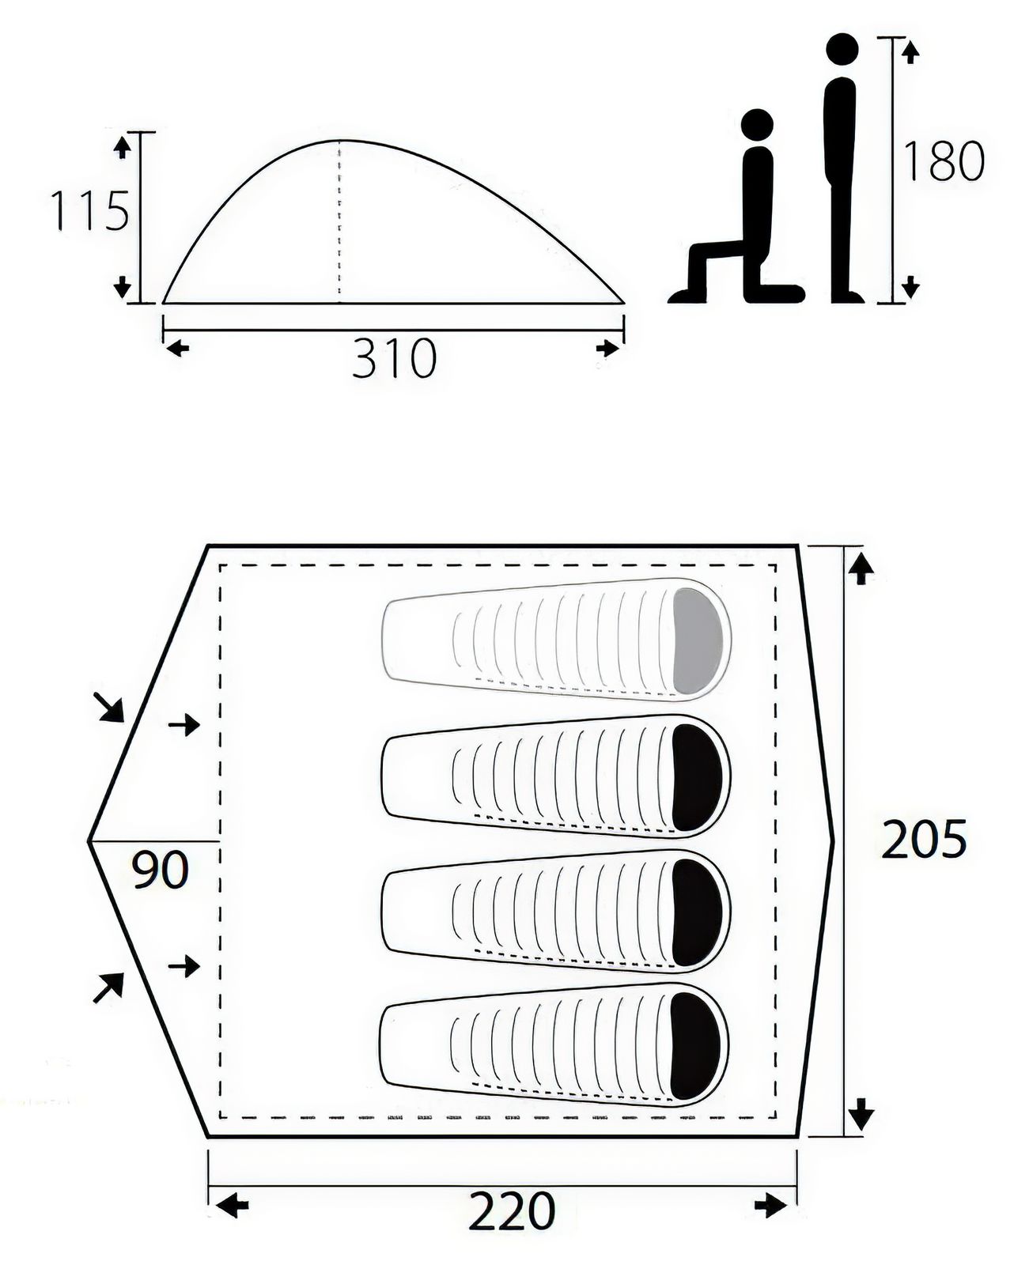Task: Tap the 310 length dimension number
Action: [x=394, y=357]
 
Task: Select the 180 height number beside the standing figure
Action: [x=943, y=160]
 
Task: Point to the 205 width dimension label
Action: [x=923, y=840]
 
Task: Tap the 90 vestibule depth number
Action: [x=160, y=870]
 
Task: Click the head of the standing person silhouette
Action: [x=842, y=51]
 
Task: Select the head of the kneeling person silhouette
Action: [x=757, y=125]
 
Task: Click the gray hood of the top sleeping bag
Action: [x=697, y=640]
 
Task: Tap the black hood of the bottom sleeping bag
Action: [x=696, y=1045]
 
